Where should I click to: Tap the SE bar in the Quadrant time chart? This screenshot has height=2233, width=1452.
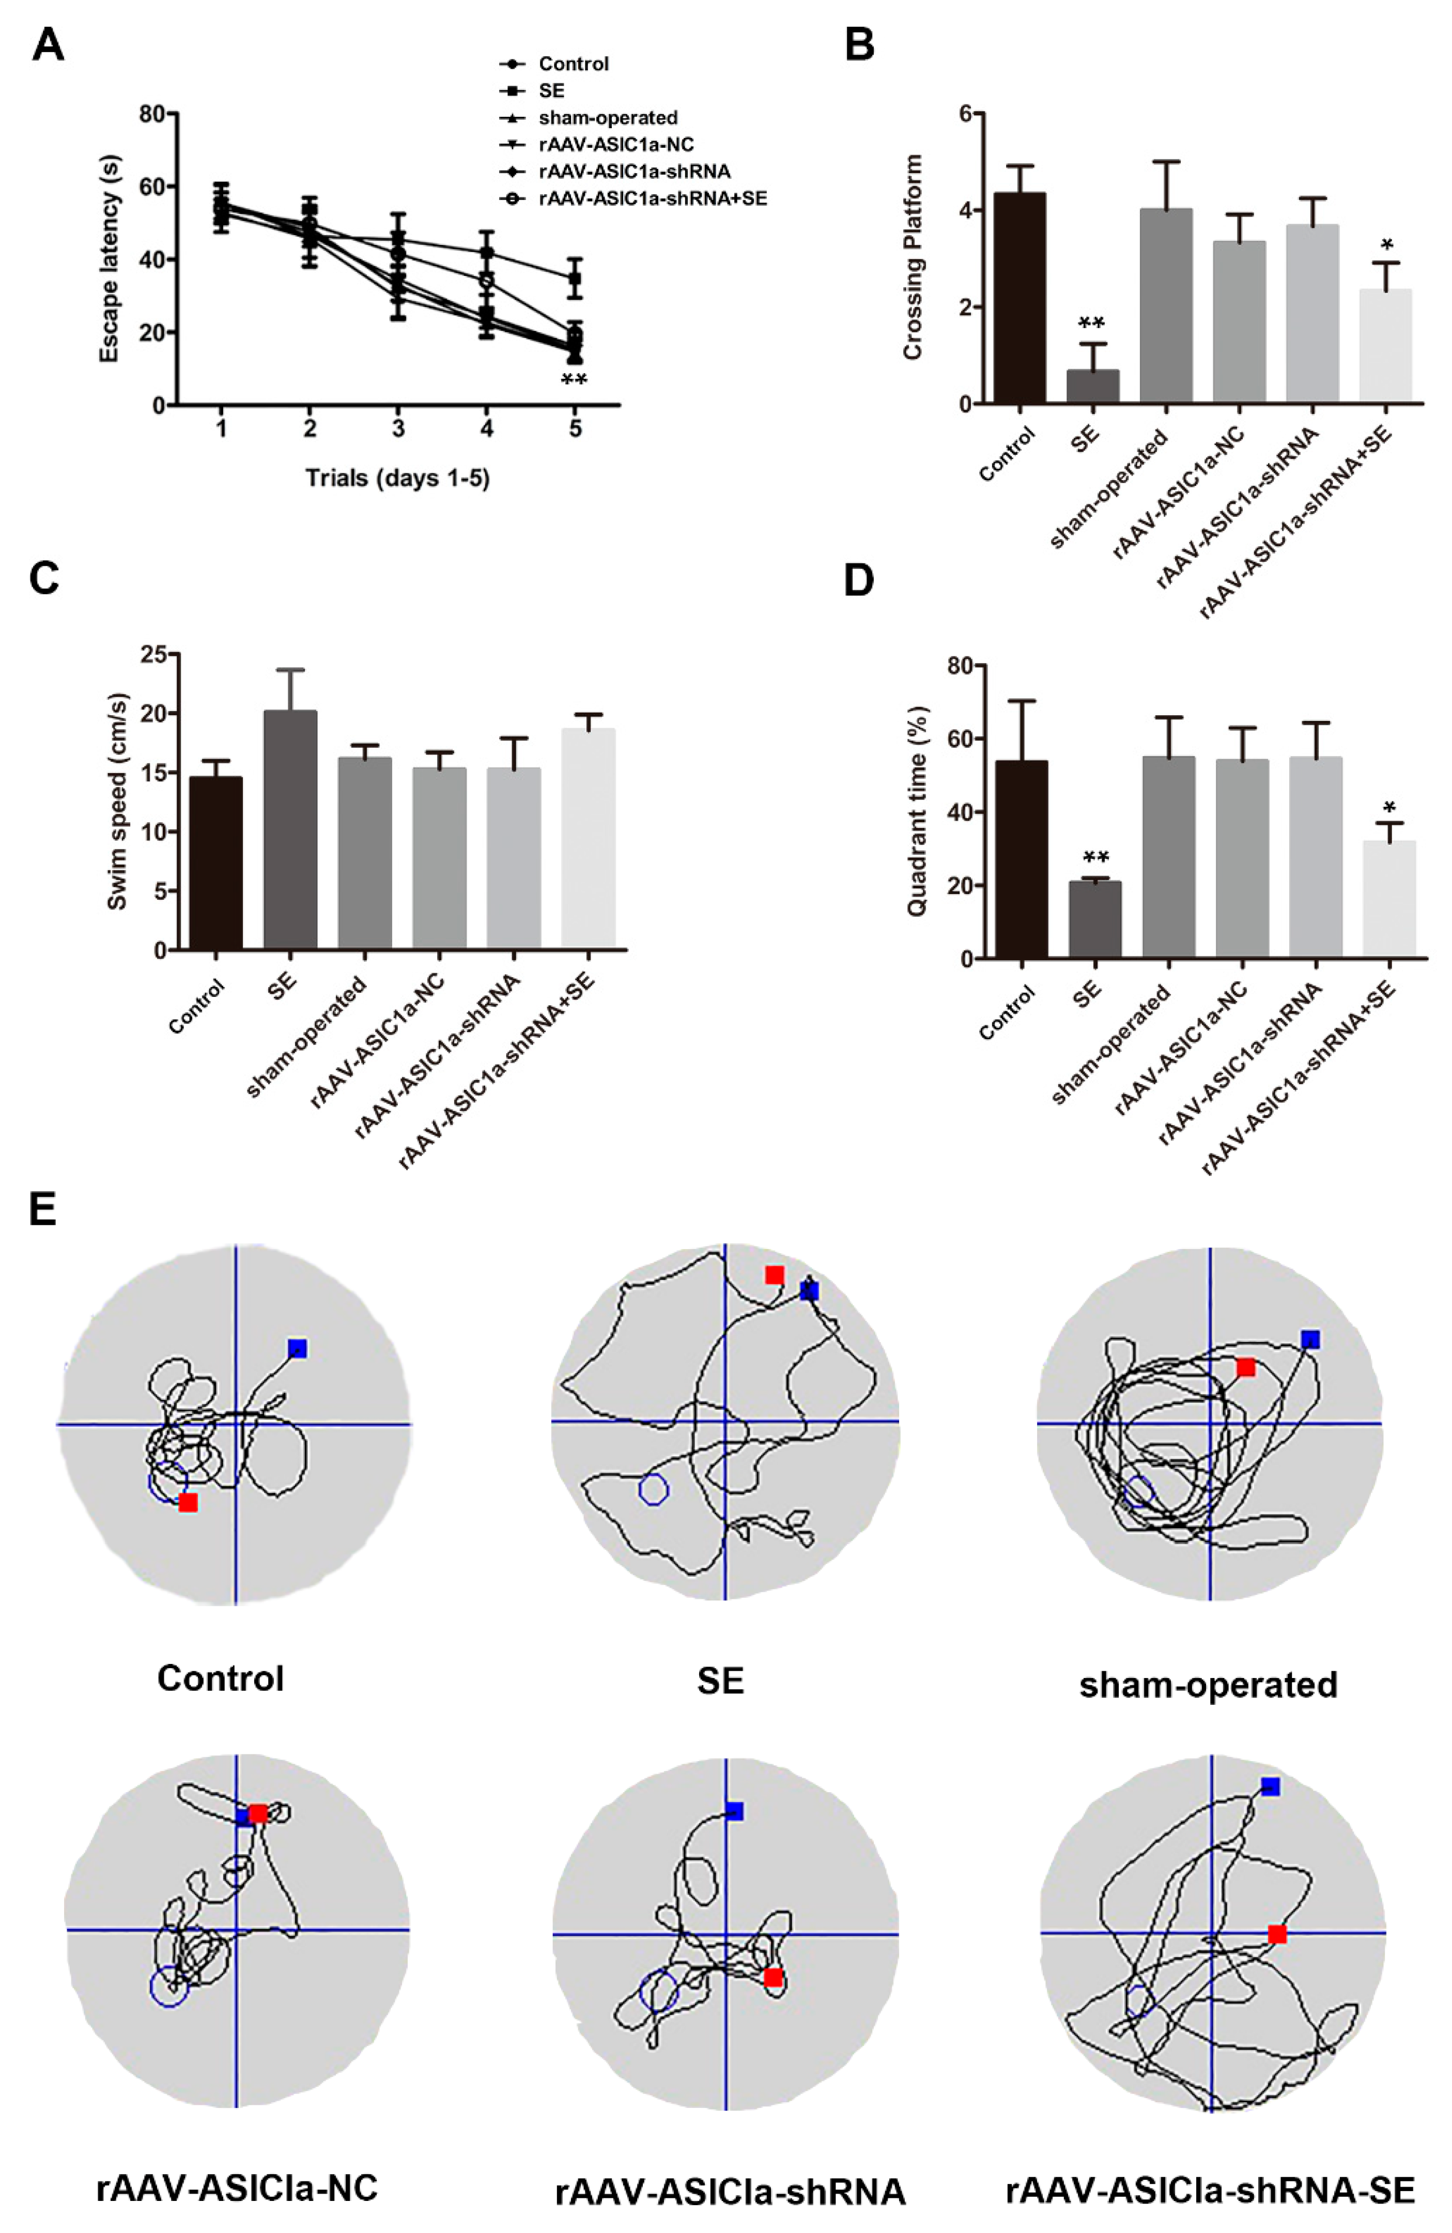(x=1094, y=919)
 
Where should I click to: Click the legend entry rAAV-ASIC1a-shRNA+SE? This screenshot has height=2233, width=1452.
(x=652, y=198)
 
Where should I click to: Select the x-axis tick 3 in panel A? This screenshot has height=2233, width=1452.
(x=398, y=429)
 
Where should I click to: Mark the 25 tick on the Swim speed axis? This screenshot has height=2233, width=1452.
(x=153, y=654)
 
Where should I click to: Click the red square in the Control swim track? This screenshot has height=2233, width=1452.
(x=189, y=1502)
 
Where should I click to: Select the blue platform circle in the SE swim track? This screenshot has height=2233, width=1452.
(x=653, y=1488)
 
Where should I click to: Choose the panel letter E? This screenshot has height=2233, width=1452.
(x=43, y=1209)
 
